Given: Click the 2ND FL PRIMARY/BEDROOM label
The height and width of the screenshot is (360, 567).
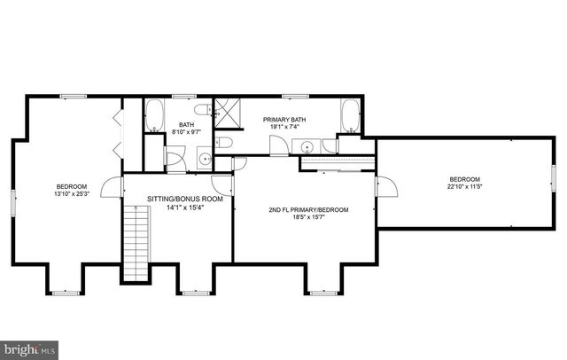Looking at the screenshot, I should coord(308,210).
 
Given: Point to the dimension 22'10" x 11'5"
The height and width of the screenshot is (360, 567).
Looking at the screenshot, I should coord(463,185).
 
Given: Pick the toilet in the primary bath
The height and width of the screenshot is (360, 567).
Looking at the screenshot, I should coord(225,143).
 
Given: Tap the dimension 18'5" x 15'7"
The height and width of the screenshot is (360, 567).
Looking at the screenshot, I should coord(308,218).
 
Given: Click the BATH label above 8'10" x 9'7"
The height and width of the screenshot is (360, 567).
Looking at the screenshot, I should coord(186,125).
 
